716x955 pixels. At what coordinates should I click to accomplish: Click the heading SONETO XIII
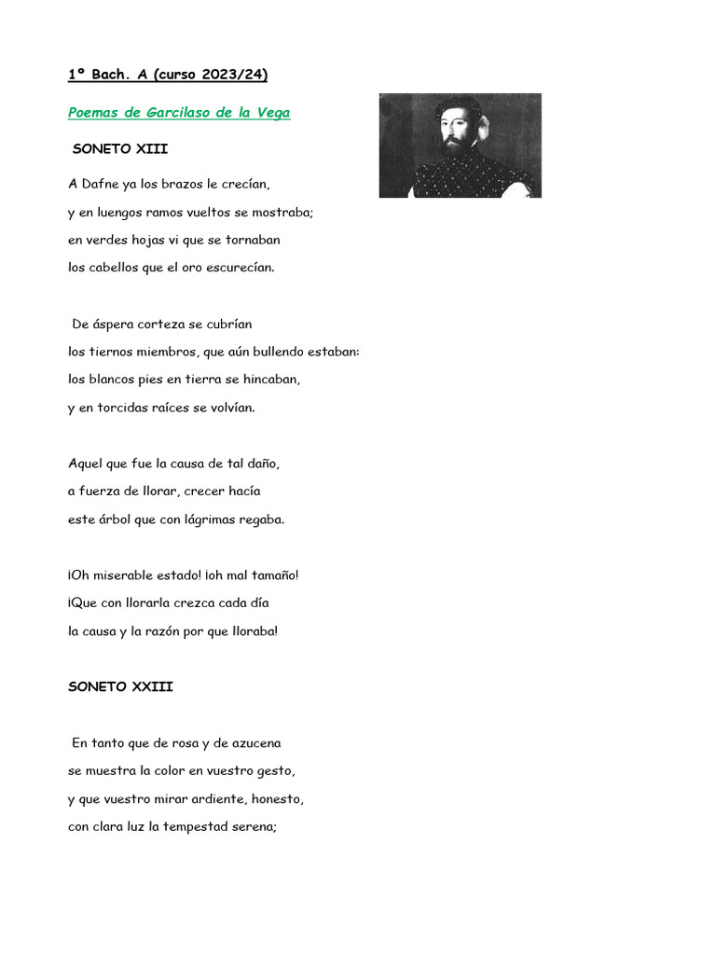[x=119, y=148]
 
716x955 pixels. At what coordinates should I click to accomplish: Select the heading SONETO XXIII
[x=120, y=686]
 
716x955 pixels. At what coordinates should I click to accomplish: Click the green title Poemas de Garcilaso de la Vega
[x=179, y=113]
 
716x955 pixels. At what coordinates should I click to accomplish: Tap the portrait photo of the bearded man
[x=460, y=145]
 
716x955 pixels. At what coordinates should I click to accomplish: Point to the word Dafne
[x=103, y=184]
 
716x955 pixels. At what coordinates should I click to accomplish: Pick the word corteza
[x=162, y=324]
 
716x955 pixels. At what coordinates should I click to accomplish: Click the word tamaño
[x=269, y=574]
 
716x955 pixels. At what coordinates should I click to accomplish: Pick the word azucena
[x=251, y=743]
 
